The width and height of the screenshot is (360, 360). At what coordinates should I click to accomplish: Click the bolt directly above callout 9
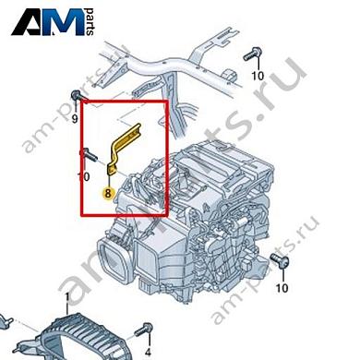pos(77,98)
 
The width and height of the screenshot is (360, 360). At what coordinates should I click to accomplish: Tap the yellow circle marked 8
pos(109,194)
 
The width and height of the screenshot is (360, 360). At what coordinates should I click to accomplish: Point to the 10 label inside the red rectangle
pos(83,175)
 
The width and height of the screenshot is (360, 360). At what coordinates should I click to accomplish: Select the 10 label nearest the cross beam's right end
pos(258,75)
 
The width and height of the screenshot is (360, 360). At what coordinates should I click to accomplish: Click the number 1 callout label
pos(66,296)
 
